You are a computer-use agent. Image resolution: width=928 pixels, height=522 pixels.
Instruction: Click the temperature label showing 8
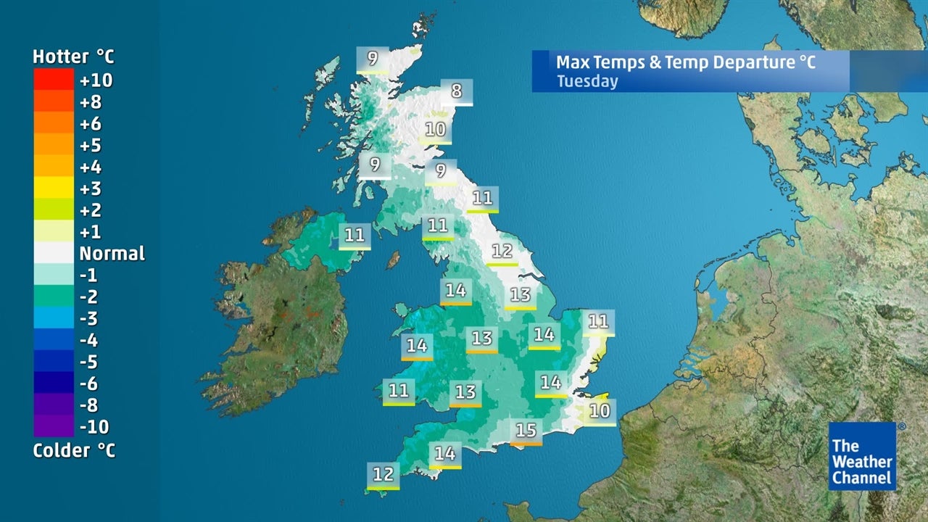[x=456, y=91]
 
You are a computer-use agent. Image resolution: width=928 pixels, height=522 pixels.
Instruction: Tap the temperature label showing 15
[x=526, y=431]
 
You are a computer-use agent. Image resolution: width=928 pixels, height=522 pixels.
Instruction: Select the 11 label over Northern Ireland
[x=355, y=235]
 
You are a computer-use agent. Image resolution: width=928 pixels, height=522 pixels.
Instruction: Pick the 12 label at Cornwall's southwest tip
[x=383, y=475]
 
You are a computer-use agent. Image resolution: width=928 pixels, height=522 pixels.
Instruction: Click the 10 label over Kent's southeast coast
[x=600, y=411]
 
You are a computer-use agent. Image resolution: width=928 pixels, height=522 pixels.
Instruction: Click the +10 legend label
[x=96, y=80]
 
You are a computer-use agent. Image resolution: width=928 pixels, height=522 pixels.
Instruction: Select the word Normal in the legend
[x=112, y=254]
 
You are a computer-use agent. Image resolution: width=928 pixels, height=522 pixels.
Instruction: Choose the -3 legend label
[x=88, y=318]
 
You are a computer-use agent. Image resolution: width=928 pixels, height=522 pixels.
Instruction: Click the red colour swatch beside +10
[x=53, y=78]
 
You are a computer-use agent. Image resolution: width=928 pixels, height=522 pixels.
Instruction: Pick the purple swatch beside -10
[x=53, y=426]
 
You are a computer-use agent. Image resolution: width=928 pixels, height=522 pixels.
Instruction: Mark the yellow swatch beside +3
[x=53, y=188]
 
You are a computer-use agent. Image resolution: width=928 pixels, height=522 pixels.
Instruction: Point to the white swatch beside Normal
[x=53, y=253]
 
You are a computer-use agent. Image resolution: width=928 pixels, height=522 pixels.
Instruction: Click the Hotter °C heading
[x=73, y=57]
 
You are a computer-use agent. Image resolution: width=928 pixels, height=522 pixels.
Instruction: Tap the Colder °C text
[x=73, y=450]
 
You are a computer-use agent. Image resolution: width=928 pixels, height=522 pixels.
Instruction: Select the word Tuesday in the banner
[x=587, y=80]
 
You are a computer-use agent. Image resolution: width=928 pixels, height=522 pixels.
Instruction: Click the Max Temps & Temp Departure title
[x=685, y=62]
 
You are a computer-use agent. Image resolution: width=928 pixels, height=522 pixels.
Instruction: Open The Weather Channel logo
[x=863, y=457]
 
